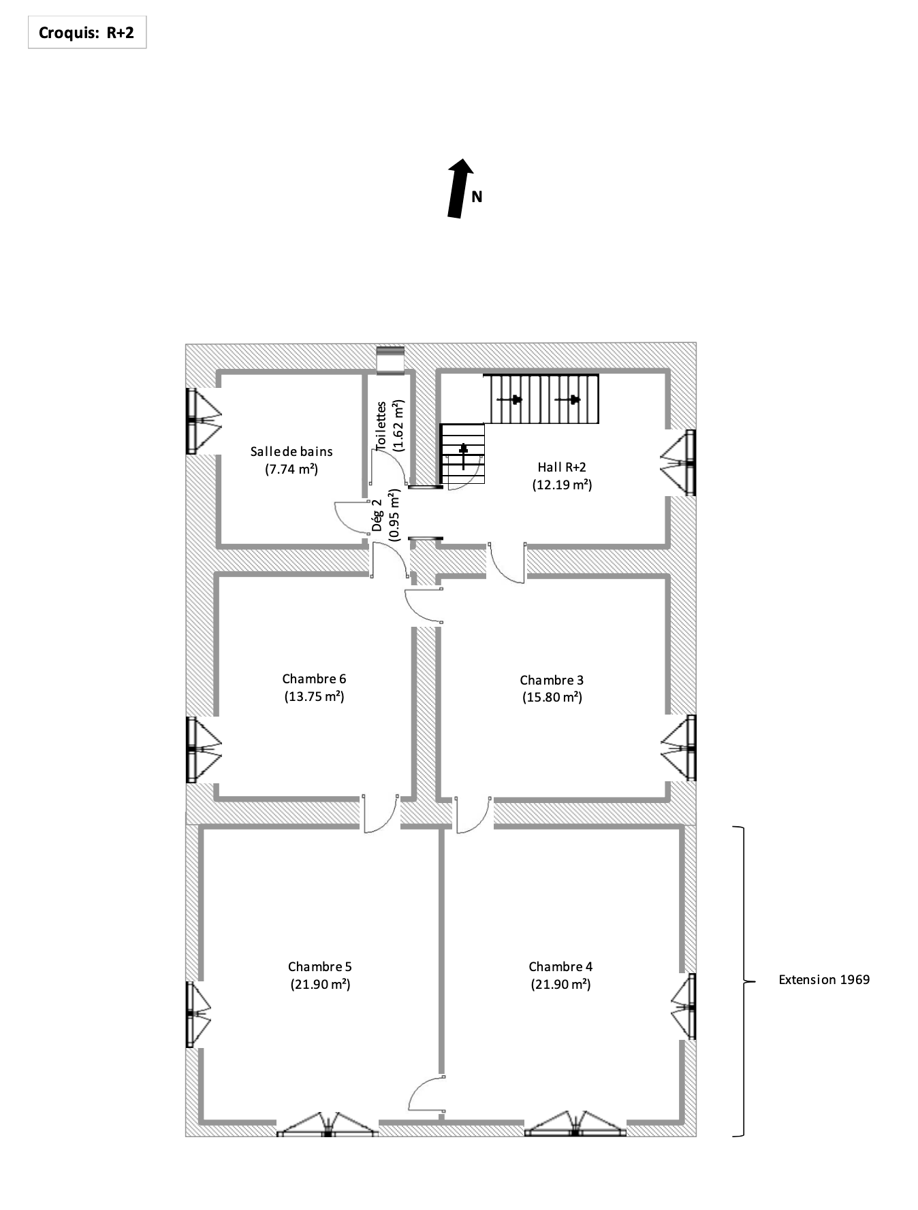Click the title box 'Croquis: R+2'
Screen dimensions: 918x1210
click(x=87, y=33)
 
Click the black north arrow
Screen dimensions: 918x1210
click(x=460, y=189)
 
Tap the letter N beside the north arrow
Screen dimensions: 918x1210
click(x=477, y=197)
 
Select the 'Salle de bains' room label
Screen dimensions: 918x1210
click(x=291, y=451)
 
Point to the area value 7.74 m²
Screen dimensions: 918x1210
click(x=291, y=469)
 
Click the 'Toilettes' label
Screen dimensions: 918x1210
click(x=381, y=425)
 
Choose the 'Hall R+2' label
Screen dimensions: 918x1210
click(x=562, y=467)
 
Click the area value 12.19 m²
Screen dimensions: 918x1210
click(x=562, y=485)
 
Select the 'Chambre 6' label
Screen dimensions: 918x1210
click(x=314, y=678)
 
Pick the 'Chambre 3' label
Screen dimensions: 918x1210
click(x=552, y=680)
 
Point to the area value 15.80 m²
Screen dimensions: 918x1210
click(x=552, y=698)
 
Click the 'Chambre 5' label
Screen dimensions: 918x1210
click(x=320, y=966)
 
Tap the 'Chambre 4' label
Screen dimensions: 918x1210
click(x=560, y=966)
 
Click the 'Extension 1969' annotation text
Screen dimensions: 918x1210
click(x=824, y=979)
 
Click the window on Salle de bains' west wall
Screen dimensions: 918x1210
click(x=203, y=421)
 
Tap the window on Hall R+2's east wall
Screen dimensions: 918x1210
click(x=678, y=463)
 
